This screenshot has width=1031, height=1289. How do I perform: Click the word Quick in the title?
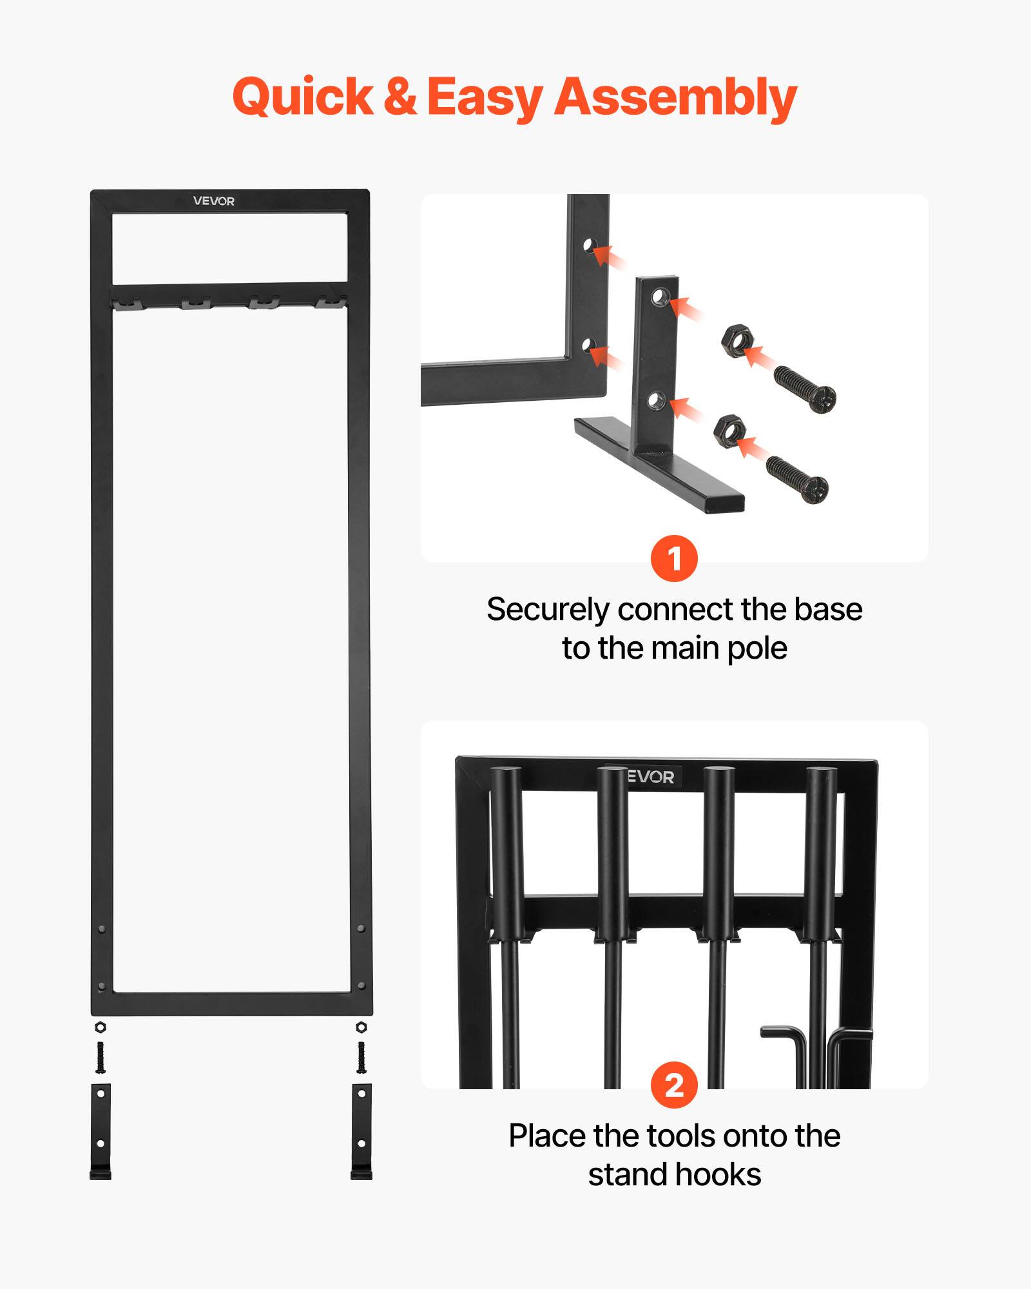tap(303, 97)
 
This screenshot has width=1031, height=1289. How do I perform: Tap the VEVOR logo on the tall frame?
tap(214, 201)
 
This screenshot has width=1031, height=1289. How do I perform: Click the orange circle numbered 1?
tap(674, 558)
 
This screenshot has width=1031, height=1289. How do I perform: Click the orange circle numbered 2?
tap(674, 1085)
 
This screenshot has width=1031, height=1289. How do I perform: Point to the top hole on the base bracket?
tap(659, 297)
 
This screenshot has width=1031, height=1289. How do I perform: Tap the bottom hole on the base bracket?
tap(655, 401)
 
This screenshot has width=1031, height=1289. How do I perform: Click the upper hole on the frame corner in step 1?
tap(588, 245)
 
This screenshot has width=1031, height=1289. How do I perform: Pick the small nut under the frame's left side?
tap(100, 1027)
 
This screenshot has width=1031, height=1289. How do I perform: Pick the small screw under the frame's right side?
tap(361, 1058)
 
